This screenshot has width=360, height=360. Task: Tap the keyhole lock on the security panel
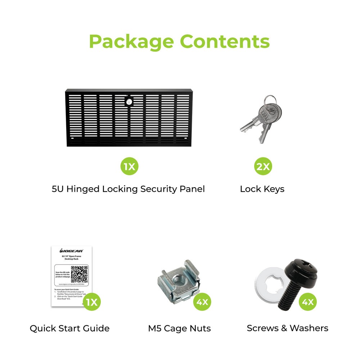pos(129,102)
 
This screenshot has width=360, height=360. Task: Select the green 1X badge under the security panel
pos(129,166)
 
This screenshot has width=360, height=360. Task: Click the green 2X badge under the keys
pos(263,166)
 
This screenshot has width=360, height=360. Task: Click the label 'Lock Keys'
pos(262,189)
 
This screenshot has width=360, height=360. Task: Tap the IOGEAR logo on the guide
pos(71,251)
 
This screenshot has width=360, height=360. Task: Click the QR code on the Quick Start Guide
pos(79,274)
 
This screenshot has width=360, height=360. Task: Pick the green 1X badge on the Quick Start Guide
pos(91,302)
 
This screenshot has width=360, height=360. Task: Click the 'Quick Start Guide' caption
pos(69,328)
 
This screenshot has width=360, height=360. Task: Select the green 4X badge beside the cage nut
pos(203,302)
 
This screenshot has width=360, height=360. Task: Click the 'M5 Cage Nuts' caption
pos(179,328)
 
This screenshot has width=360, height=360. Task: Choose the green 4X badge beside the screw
pos(307,302)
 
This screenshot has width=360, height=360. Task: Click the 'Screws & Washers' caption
pos(287,328)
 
